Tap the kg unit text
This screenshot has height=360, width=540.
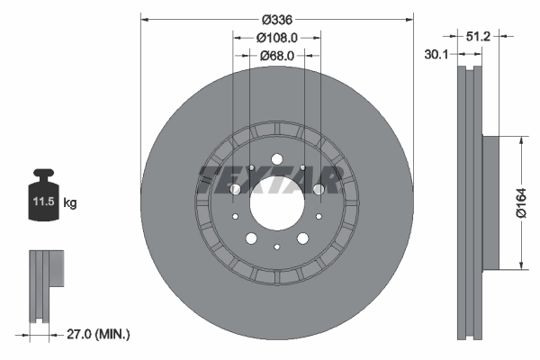coord(70,203)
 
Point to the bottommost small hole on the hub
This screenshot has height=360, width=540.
coord(277,247)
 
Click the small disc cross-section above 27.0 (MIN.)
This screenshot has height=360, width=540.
coord(46,284)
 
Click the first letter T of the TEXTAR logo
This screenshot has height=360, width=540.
coord(209,179)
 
